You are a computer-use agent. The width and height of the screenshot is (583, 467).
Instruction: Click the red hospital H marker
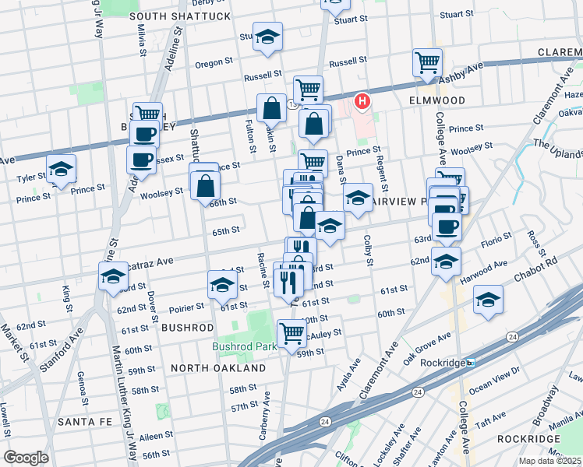coord(362,100)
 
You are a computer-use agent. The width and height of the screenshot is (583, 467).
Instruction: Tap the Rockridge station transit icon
coord(470,363)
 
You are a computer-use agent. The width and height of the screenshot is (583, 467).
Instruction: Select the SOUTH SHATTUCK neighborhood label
coord(180,16)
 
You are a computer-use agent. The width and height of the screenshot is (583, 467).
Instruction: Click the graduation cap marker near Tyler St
coord(60,169)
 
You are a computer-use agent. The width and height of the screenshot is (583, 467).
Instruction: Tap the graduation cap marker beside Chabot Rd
coord(488,300)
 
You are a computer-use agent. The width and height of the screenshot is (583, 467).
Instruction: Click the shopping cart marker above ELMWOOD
coord(427,62)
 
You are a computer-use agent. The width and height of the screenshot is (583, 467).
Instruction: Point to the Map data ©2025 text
coord(549,461)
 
